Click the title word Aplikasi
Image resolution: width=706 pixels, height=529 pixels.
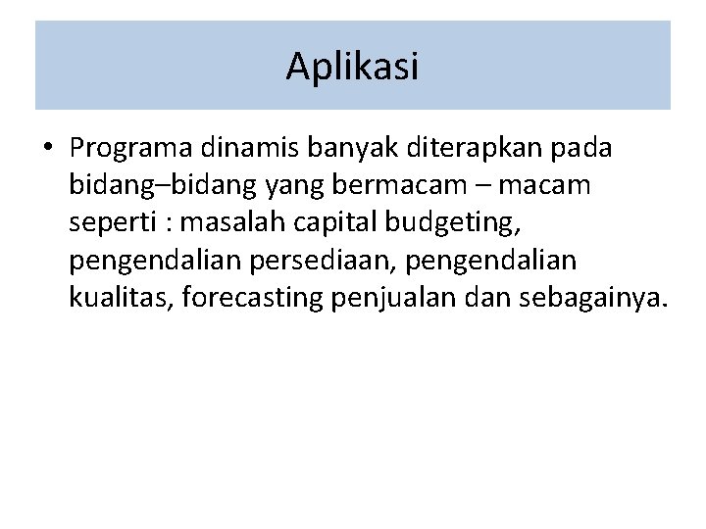353,67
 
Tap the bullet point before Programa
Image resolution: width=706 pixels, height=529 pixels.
47,148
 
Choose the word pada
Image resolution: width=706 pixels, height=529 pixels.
582,148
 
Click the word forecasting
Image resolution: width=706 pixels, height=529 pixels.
248,297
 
